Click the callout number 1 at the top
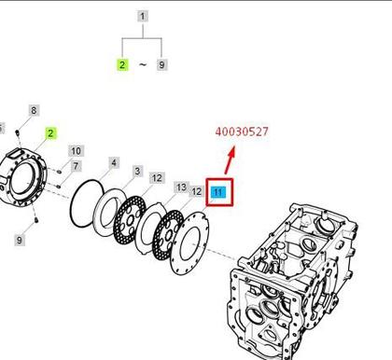click(x=143, y=16)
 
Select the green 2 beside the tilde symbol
click(x=122, y=65)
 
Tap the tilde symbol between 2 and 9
click(x=142, y=64)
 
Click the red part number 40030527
click(x=242, y=132)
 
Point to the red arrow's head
click(x=231, y=152)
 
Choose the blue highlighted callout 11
click(x=218, y=192)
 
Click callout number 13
click(x=181, y=187)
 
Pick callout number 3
click(x=137, y=172)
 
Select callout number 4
click(x=114, y=162)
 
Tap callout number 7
click(x=76, y=166)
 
